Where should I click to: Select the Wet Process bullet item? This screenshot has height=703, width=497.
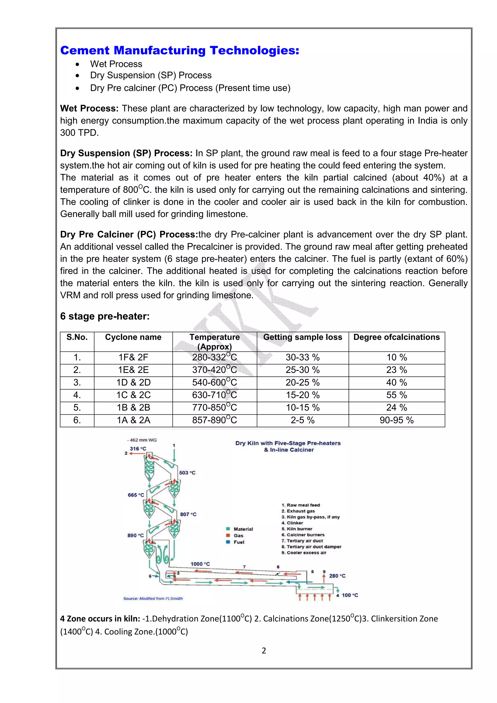tap(116, 64)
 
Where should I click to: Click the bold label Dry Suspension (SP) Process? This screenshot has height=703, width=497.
tap(126, 153)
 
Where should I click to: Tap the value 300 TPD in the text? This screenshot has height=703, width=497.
tap(79, 133)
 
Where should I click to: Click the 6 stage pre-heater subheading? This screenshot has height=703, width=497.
tap(105, 316)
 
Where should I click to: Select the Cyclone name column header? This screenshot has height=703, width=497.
tap(133, 337)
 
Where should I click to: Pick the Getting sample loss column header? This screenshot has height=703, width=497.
tap(303, 337)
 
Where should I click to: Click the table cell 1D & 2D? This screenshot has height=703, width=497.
tap(133, 382)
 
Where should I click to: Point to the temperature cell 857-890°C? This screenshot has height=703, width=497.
tap(214, 420)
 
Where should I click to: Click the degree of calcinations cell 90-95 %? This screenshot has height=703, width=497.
tap(397, 420)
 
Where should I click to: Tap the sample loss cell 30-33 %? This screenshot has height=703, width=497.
tap(303, 357)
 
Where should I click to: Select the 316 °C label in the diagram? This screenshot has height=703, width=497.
tap(138, 449)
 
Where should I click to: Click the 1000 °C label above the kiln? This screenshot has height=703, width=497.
tap(200, 564)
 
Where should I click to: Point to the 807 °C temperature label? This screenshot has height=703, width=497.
tap(188, 514)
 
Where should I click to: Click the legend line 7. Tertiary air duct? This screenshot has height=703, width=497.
tap(302, 541)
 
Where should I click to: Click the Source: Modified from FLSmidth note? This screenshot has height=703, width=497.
tap(153, 598)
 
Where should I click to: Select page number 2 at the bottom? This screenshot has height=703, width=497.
tap(264, 651)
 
